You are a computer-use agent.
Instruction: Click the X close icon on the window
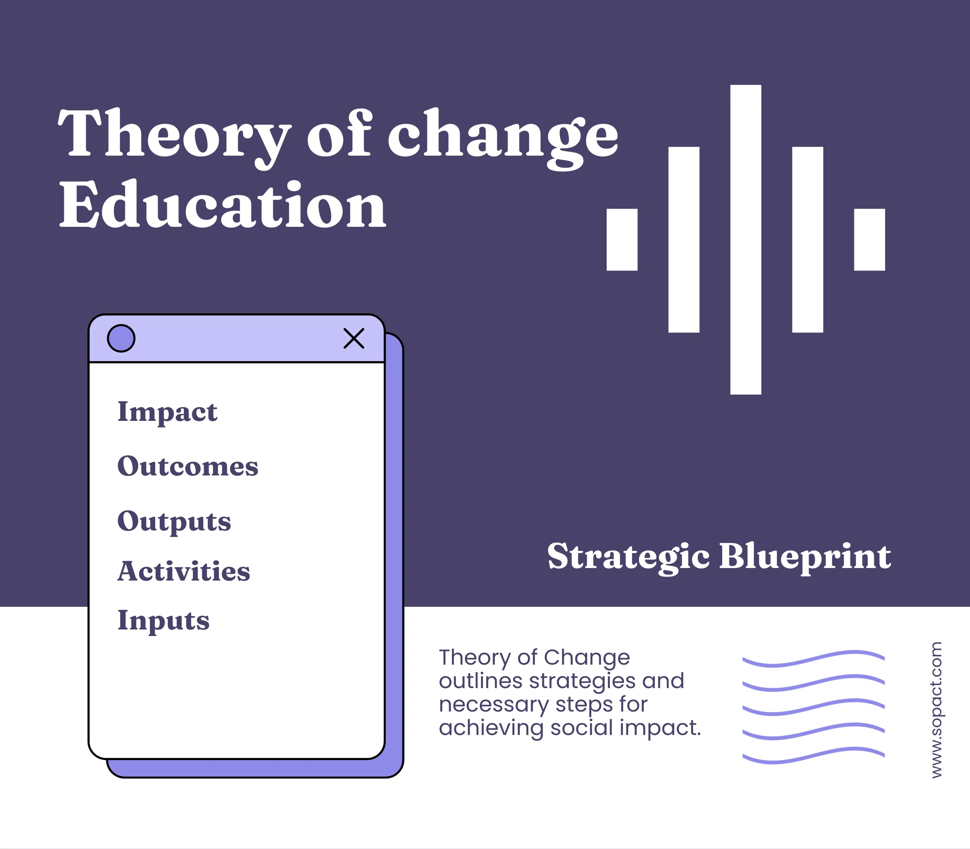pyautogui.click(x=354, y=338)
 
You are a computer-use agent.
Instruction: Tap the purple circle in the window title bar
pyautogui.click(x=121, y=338)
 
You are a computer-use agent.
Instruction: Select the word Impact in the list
pyautogui.click(x=167, y=412)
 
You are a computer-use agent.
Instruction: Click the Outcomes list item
pyautogui.click(x=188, y=466)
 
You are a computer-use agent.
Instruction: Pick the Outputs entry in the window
pyautogui.click(x=174, y=521)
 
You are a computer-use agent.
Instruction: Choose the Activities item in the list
pyautogui.click(x=184, y=571)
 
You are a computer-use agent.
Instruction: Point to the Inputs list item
pyautogui.click(x=163, y=621)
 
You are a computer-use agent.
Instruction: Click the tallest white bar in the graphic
pyautogui.click(x=746, y=239)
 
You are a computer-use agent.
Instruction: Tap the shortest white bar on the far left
pyautogui.click(x=622, y=239)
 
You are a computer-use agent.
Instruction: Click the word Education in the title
pyautogui.click(x=223, y=206)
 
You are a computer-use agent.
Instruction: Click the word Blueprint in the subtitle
pyautogui.click(x=805, y=557)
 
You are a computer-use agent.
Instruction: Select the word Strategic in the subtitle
pyautogui.click(x=628, y=557)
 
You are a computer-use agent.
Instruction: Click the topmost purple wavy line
pyautogui.click(x=813, y=659)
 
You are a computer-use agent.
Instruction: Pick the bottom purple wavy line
pyautogui.click(x=813, y=755)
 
